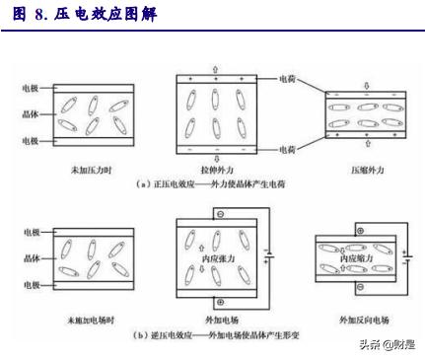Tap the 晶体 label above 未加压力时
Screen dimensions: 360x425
(x=31, y=113)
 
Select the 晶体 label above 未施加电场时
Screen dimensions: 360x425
(x=31, y=261)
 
